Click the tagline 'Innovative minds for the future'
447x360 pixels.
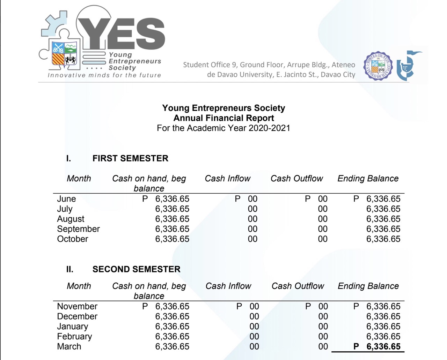(x=104, y=75)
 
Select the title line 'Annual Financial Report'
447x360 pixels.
(x=223, y=118)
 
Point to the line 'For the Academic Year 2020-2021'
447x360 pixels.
(x=223, y=128)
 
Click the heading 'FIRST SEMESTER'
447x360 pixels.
(x=130, y=158)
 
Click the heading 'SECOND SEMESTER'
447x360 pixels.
(x=136, y=269)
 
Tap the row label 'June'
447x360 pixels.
(x=66, y=199)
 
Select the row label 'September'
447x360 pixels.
(x=78, y=229)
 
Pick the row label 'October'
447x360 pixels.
(x=73, y=239)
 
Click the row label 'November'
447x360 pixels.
(x=77, y=306)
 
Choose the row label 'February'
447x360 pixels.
(x=74, y=337)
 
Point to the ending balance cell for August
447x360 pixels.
(x=383, y=219)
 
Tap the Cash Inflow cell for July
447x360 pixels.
(x=252, y=209)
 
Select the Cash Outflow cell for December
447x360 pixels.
(x=323, y=316)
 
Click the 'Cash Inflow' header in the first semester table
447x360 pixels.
(x=227, y=179)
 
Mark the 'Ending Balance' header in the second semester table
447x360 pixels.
(x=368, y=286)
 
